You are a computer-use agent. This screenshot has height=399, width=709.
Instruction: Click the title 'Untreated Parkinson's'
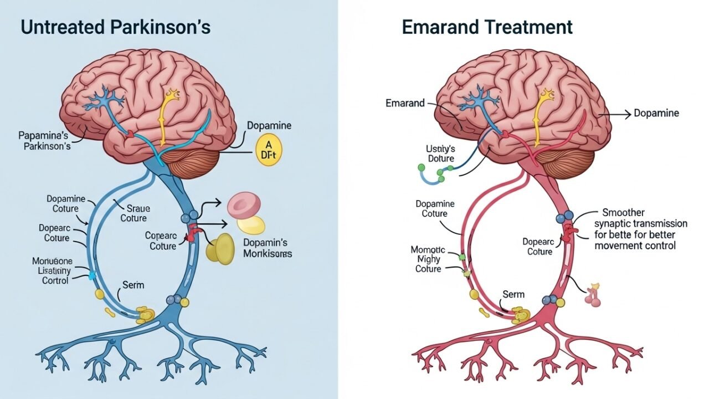(x=116, y=27)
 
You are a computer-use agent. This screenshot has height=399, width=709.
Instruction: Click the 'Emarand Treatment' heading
(x=487, y=27)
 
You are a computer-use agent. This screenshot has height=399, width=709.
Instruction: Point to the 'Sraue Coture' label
(x=135, y=213)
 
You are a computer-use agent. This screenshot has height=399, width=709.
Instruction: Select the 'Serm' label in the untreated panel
(x=133, y=285)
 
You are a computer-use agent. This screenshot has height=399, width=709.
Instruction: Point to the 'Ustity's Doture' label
(x=440, y=154)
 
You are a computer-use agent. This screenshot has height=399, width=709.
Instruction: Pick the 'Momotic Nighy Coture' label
(x=428, y=259)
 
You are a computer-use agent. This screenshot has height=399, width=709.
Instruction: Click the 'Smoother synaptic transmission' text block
(x=640, y=229)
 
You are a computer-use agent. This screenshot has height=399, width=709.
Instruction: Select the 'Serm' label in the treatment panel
(x=513, y=294)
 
